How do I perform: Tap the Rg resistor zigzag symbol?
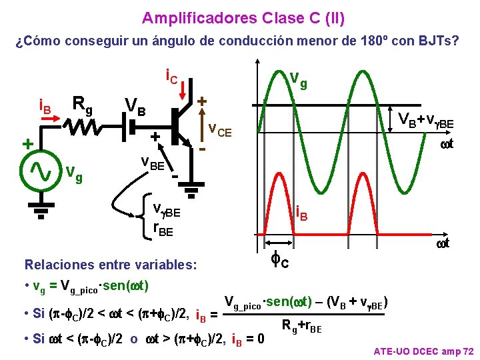[85, 127]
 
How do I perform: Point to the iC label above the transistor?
[171, 79]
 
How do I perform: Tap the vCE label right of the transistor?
[219, 131]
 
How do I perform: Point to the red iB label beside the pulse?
[301, 215]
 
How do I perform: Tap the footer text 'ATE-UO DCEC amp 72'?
[423, 351]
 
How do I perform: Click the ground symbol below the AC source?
[41, 211]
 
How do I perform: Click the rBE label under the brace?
[163, 229]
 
